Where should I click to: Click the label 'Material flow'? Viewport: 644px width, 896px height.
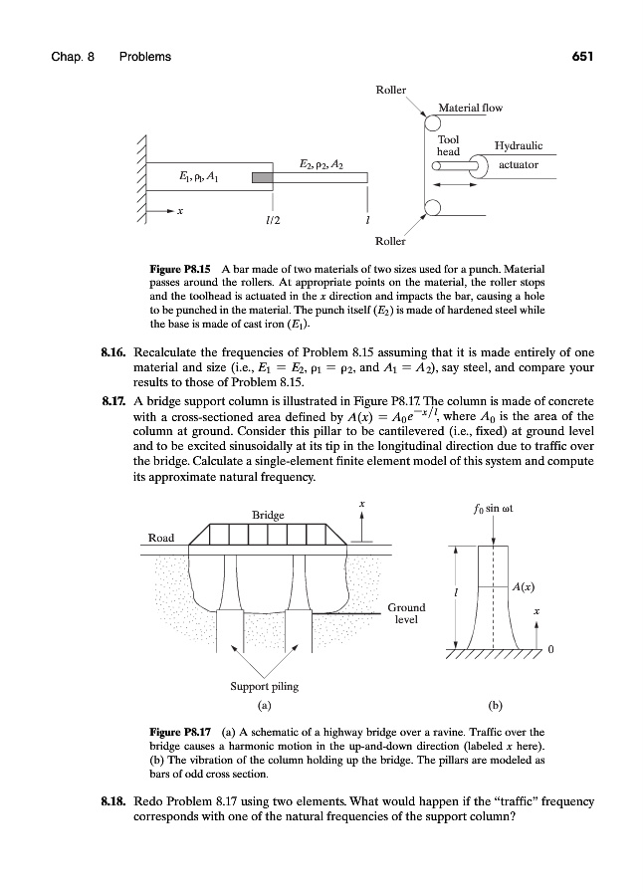point(471,107)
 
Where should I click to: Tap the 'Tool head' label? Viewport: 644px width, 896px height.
point(449,145)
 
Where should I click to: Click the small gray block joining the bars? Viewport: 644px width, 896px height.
point(261,178)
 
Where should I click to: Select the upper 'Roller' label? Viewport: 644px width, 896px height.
point(391,90)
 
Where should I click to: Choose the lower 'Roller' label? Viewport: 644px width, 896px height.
point(391,241)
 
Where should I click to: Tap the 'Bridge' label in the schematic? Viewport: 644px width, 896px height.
point(268,515)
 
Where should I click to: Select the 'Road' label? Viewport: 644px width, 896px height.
point(161,538)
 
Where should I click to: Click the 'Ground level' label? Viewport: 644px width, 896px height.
point(406,612)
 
